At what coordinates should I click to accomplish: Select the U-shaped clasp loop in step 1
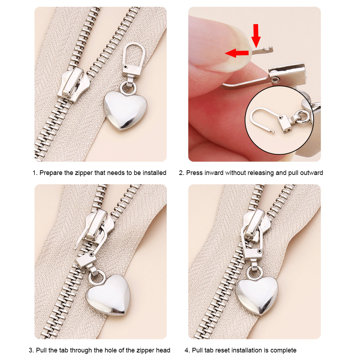point(134,56)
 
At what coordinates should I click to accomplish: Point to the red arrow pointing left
point(237,53)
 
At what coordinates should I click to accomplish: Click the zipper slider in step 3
point(98,226)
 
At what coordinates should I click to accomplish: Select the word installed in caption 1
point(154,173)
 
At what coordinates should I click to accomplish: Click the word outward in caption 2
point(312,173)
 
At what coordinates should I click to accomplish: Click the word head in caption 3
point(163,350)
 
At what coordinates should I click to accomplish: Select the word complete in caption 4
point(283,350)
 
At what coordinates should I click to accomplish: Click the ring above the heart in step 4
point(255,272)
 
